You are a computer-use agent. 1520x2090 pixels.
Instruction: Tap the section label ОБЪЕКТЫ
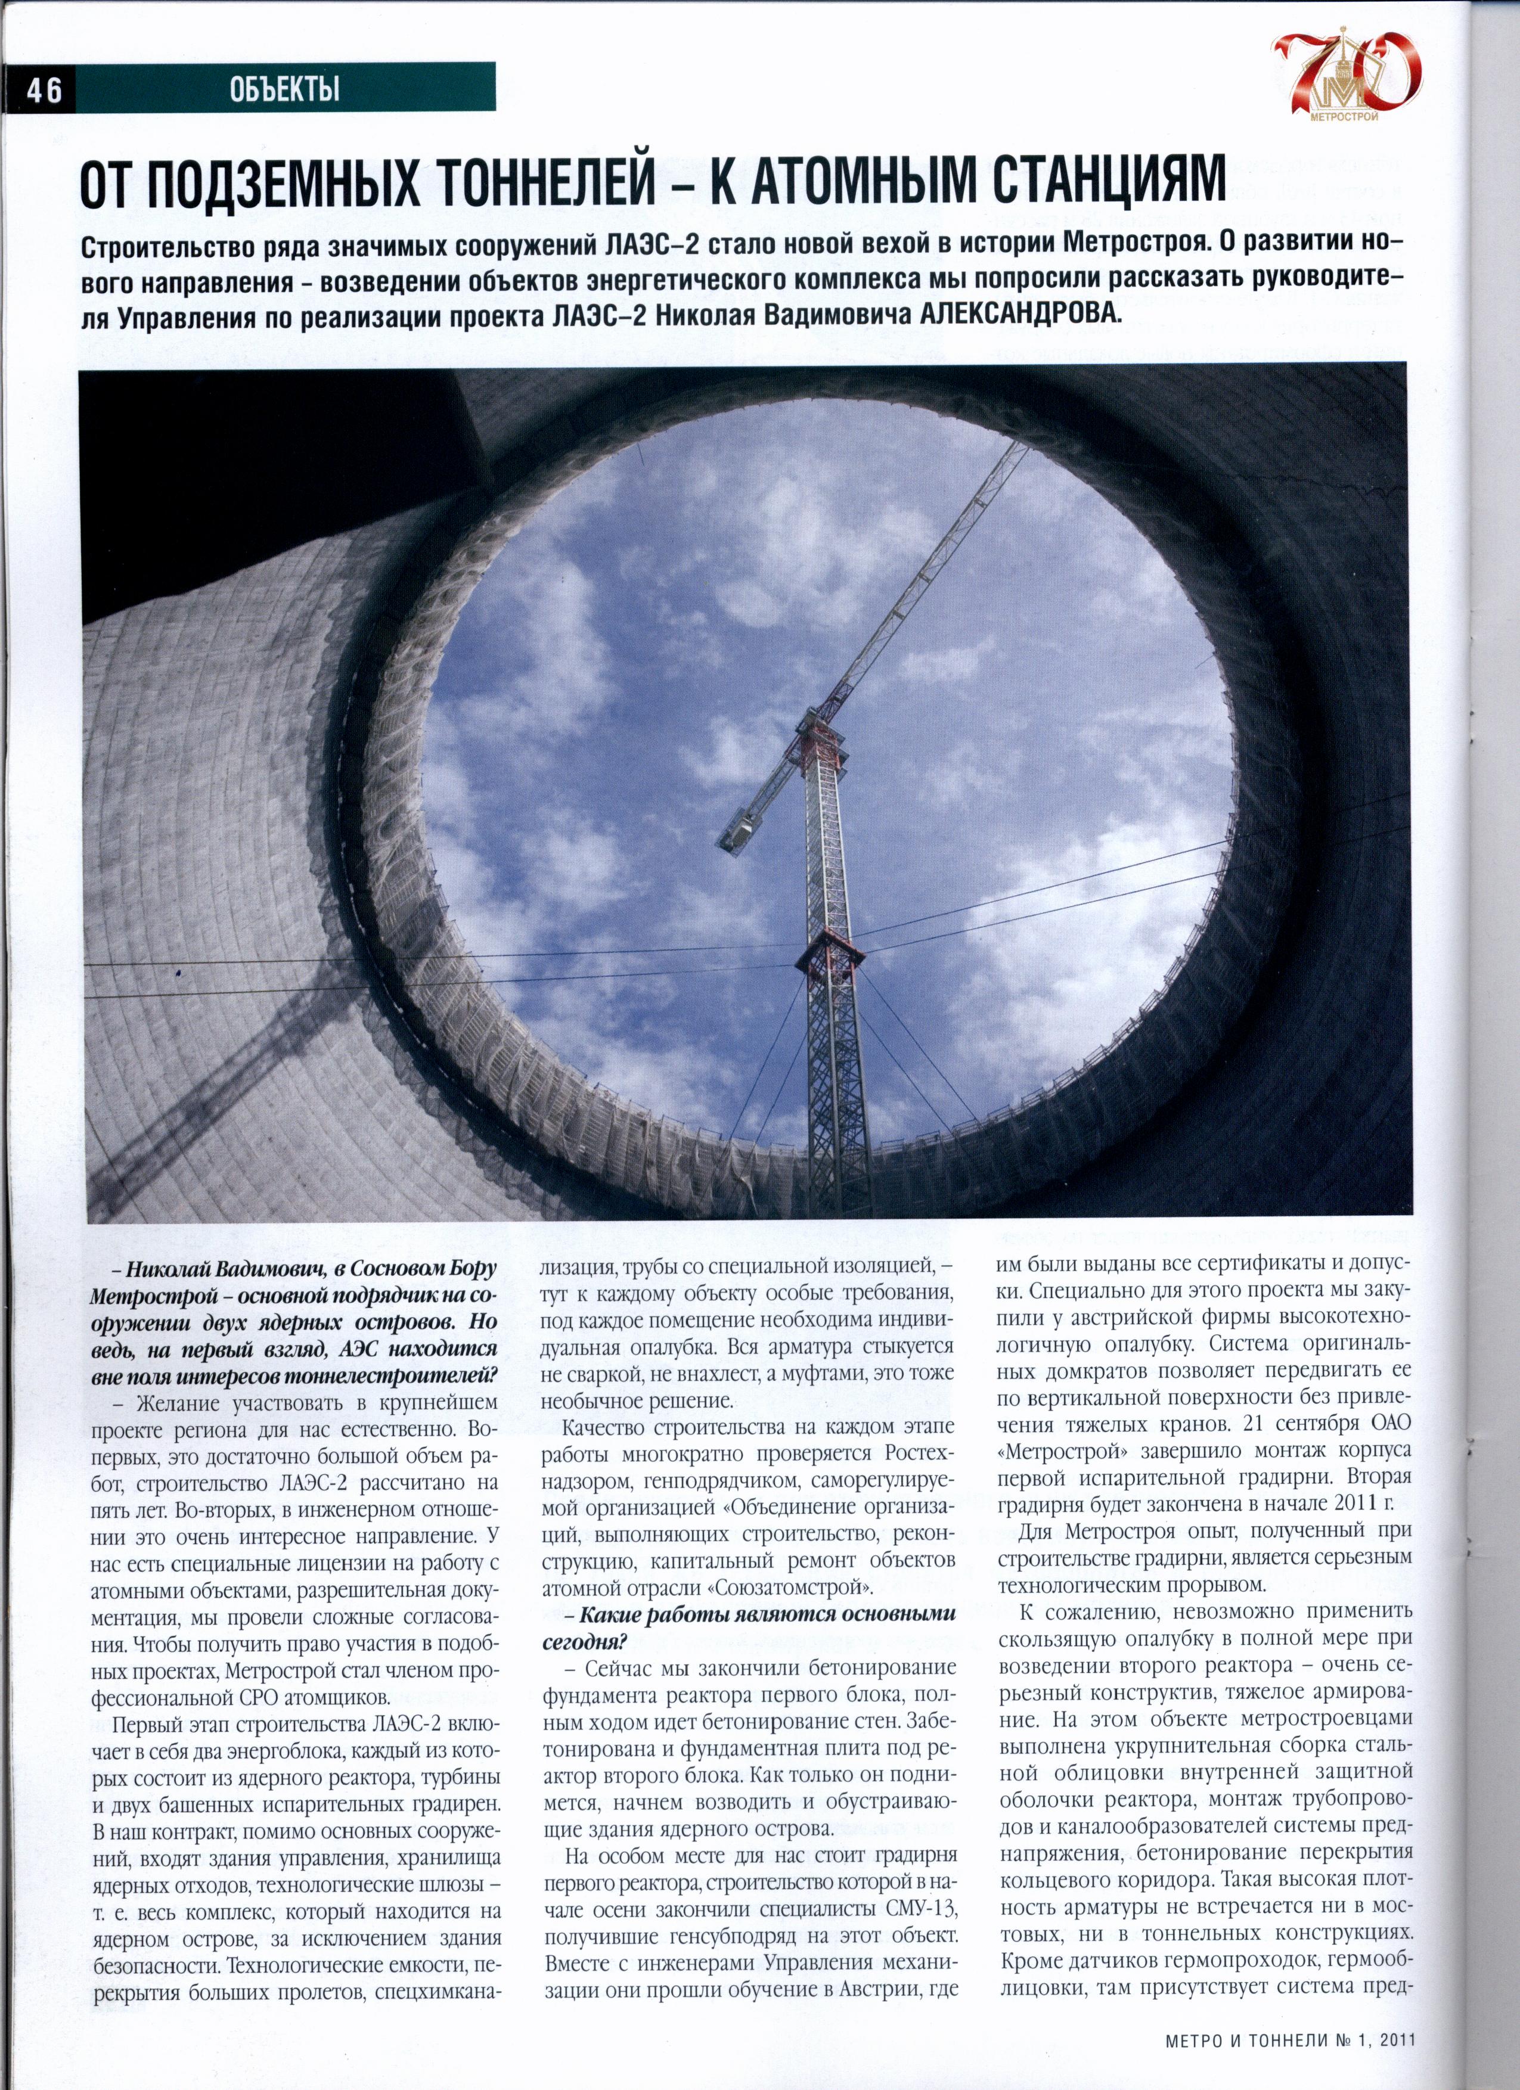click(x=284, y=89)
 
